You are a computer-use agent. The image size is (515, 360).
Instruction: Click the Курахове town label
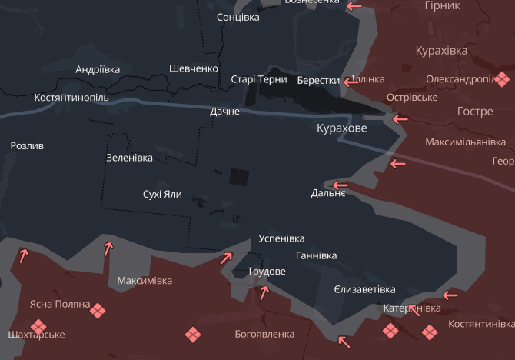342,128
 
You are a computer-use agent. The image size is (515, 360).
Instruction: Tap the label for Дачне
225,112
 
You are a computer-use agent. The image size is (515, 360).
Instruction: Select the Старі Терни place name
259,79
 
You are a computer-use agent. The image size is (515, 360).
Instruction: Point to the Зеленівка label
129,158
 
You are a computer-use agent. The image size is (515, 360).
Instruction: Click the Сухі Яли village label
162,194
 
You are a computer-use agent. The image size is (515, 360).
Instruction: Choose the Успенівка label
282,238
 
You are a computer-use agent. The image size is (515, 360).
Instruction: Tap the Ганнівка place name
316,255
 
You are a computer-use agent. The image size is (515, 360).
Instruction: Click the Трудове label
267,272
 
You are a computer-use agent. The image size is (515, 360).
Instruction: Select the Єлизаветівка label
365,289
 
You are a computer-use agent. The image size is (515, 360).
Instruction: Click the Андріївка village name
98,69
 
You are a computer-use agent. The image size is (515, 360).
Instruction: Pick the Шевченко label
194,68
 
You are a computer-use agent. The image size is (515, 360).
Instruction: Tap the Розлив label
27,145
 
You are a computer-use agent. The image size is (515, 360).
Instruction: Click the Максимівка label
145,280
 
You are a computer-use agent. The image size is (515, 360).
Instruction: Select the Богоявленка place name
264,334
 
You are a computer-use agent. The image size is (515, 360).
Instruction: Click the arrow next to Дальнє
339,185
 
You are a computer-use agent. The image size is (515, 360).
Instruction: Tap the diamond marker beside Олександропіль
502,78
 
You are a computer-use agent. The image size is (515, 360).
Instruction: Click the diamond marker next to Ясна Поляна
98,309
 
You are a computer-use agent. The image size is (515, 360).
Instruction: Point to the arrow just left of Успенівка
227,258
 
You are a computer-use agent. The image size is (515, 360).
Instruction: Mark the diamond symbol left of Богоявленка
193,334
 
